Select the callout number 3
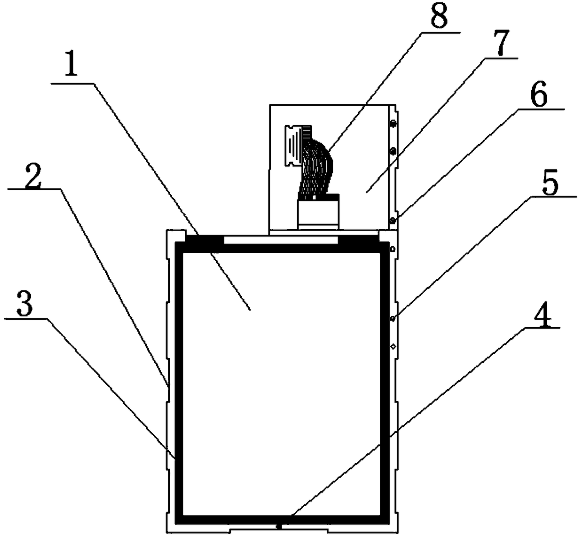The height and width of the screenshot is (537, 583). (x=24, y=305)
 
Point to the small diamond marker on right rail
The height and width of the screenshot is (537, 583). (x=393, y=347)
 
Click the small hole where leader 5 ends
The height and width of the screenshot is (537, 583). (x=392, y=319)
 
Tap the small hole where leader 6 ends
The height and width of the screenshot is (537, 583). (x=392, y=220)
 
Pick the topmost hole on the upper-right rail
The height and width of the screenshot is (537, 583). (x=393, y=124)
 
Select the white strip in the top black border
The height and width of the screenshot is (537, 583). (x=281, y=241)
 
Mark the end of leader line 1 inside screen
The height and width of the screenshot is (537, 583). (x=250, y=309)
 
